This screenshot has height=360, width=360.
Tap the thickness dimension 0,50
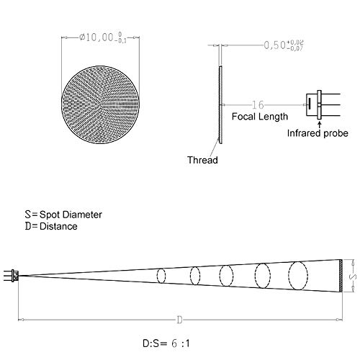click(276, 45)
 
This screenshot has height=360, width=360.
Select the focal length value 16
click(259, 104)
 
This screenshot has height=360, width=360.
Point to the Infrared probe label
click(318, 133)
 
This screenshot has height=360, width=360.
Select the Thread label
click(202, 160)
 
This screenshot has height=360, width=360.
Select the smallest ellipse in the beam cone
click(161, 276)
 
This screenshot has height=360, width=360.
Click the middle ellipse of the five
click(226, 276)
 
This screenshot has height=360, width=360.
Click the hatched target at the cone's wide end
click(340, 276)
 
